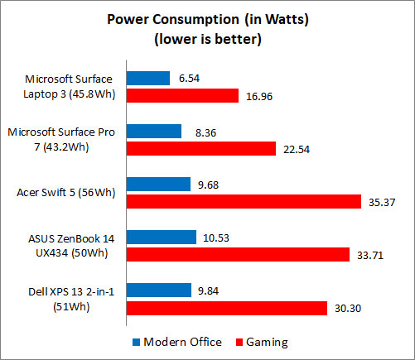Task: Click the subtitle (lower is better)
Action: point(208,38)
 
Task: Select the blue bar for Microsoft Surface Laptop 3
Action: point(147,79)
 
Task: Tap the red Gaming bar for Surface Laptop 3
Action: point(181,96)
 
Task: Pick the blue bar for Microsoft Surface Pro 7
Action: point(153,131)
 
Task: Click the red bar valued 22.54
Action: point(200,148)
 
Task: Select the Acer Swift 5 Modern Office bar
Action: point(158,184)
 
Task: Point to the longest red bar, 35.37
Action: point(244,201)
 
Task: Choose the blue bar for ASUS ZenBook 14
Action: point(161,237)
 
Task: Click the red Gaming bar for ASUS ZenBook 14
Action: point(238,254)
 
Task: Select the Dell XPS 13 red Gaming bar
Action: point(226,307)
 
